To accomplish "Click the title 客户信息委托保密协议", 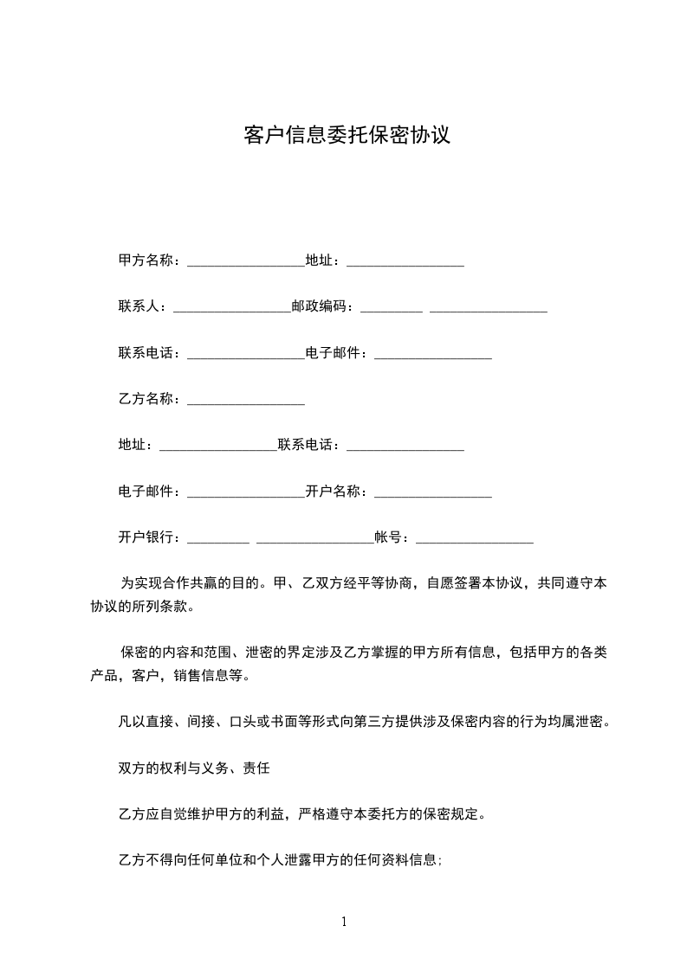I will click(347, 135).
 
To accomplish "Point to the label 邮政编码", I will click(320, 306).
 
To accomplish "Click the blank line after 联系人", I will click(232, 309).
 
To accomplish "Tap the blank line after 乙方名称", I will click(245, 402).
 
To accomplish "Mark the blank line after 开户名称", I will click(433, 494).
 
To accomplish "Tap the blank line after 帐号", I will click(475, 540).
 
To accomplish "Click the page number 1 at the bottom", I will click(344, 922).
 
